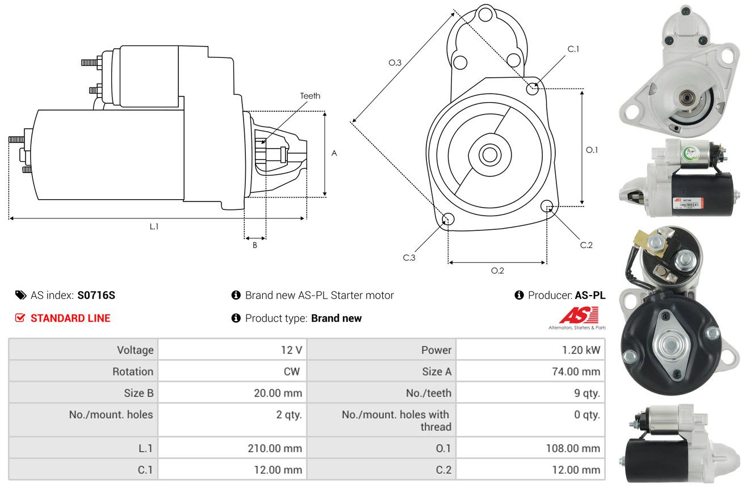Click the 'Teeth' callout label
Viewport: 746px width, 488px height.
310,96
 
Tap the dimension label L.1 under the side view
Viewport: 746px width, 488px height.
154,226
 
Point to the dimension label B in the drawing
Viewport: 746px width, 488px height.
255,245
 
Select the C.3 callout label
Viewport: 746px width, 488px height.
409,258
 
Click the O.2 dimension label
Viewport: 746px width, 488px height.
497,271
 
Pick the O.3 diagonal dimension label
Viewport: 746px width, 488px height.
395,62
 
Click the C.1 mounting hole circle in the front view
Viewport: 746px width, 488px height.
532,89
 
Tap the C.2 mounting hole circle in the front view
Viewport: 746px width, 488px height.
547,206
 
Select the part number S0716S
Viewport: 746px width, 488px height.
97,295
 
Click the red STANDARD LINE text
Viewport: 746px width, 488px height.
70,318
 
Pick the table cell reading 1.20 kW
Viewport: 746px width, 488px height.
581,350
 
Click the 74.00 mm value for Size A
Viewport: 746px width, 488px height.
576,372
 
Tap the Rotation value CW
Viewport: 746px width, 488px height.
292,372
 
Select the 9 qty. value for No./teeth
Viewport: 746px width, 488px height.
587,393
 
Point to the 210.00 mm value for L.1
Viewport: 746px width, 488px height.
275,448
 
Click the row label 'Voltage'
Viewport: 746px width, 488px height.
135,350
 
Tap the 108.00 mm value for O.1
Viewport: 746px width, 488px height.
573,448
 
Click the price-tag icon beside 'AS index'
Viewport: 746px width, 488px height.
20,295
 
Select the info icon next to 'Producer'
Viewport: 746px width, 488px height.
519,295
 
